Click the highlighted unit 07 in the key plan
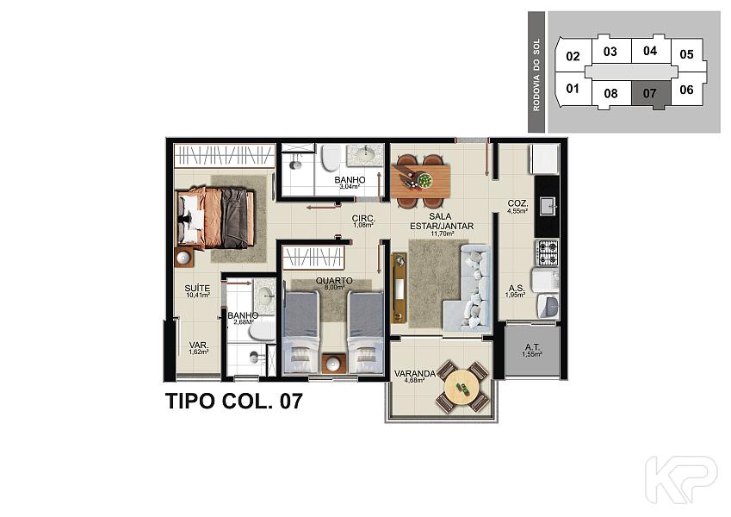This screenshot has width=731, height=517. click(x=651, y=94)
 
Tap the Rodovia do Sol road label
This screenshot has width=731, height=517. click(x=536, y=74)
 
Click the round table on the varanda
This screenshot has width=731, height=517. click(x=462, y=386)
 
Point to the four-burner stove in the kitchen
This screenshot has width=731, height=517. click(x=547, y=252)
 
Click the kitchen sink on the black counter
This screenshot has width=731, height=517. click(x=548, y=206)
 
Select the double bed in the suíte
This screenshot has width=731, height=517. click(x=215, y=217)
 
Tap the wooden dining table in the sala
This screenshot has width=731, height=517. click(x=420, y=181)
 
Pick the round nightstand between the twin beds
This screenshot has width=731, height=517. click(x=333, y=363)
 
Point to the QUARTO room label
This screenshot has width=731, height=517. click(x=334, y=281)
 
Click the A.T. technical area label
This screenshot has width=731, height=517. click(x=532, y=347)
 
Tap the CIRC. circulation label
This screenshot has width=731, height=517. click(x=363, y=218)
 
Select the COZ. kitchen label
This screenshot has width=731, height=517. click(x=517, y=203)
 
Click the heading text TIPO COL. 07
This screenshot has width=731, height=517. click(x=234, y=402)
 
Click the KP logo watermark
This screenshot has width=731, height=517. click(x=682, y=480)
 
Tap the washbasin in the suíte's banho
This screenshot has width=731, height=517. click(x=266, y=295)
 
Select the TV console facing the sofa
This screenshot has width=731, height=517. click(x=399, y=288)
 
